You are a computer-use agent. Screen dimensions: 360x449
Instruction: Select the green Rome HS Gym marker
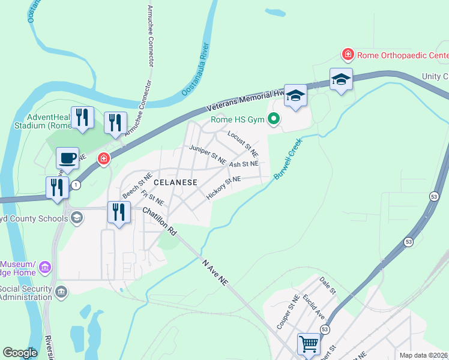(x=274, y=119)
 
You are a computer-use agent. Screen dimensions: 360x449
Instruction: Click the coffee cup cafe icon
(x=67, y=158)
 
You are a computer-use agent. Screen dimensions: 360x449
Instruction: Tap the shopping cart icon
(x=309, y=344)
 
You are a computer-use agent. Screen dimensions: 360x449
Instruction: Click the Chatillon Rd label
(x=160, y=221)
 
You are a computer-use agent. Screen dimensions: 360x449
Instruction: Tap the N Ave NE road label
(x=215, y=272)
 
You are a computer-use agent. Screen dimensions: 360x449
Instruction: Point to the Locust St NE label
(x=243, y=143)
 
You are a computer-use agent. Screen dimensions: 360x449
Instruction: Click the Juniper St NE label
(x=207, y=155)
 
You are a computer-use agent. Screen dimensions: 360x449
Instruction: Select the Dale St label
(x=327, y=285)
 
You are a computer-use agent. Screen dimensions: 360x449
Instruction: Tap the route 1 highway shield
(x=76, y=185)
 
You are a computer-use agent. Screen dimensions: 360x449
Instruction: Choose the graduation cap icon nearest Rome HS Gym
(x=296, y=95)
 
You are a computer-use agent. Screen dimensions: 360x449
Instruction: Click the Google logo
(x=20, y=353)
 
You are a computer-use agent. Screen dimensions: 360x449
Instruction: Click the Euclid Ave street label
(x=313, y=306)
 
